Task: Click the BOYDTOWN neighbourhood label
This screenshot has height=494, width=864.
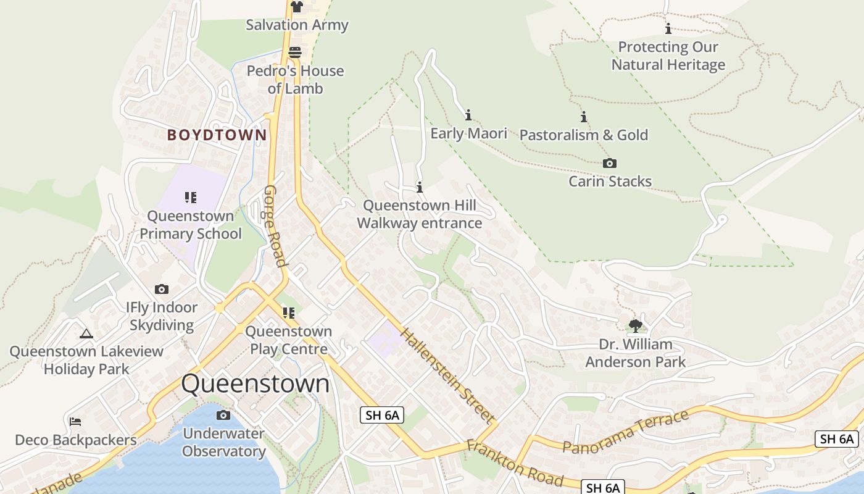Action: pyautogui.click(x=217, y=135)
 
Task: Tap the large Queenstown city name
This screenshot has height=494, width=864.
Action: pyautogui.click(x=255, y=383)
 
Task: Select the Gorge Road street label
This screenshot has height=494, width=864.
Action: pyautogui.click(x=276, y=226)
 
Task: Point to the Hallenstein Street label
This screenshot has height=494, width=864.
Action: pyautogui.click(x=448, y=375)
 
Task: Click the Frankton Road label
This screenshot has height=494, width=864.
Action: pyautogui.click(x=515, y=464)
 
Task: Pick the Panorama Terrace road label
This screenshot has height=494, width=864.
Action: pyautogui.click(x=626, y=432)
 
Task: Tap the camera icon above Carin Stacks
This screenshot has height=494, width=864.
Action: pyautogui.click(x=610, y=164)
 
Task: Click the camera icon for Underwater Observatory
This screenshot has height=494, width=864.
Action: pyautogui.click(x=223, y=415)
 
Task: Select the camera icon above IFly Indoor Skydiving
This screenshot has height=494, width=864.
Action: pyautogui.click(x=162, y=289)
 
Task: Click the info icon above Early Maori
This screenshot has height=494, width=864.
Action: pyautogui.click(x=468, y=115)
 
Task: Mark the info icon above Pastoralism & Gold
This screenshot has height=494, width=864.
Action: pyautogui.click(x=583, y=117)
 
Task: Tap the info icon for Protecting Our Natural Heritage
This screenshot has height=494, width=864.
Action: pyautogui.click(x=668, y=29)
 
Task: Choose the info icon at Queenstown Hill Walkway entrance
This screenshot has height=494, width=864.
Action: pyautogui.click(x=420, y=187)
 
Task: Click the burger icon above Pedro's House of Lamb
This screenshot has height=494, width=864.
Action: pyautogui.click(x=295, y=52)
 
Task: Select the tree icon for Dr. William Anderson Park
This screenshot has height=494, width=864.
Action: pyautogui.click(x=635, y=325)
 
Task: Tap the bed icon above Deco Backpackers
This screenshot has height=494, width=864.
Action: pyautogui.click(x=75, y=422)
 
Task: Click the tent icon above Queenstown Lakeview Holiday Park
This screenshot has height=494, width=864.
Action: pyautogui.click(x=86, y=333)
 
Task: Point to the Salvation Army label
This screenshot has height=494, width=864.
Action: pyautogui.click(x=297, y=25)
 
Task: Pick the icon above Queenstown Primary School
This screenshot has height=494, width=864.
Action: pyautogui.click(x=191, y=198)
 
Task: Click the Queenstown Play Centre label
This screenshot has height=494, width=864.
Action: pyautogui.click(x=289, y=340)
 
